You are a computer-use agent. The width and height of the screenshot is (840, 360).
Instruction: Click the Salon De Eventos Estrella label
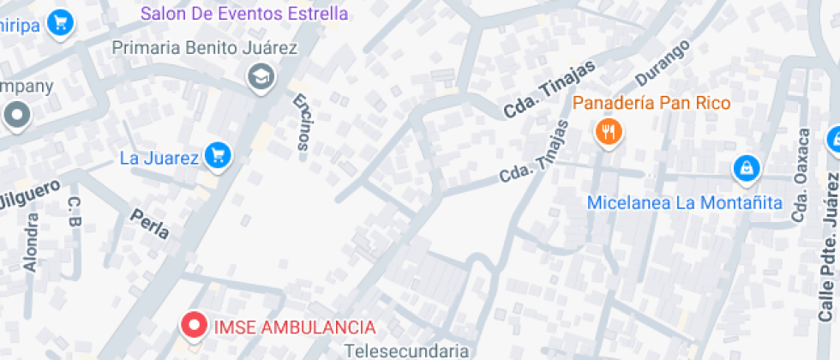pos(244,14)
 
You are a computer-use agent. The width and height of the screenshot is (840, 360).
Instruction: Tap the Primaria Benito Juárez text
pos(205,48)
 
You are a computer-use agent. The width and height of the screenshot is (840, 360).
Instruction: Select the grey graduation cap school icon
pos(258,78)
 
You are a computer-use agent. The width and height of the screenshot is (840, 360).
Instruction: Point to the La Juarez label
pos(159,158)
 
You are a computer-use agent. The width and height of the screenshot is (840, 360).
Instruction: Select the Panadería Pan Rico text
pos(651,104)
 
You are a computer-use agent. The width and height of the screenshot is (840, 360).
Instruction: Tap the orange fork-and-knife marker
pos(609,131)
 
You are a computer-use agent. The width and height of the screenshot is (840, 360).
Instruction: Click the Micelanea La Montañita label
pos(684,203)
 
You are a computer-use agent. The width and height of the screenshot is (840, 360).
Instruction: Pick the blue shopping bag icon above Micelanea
pos(747,169)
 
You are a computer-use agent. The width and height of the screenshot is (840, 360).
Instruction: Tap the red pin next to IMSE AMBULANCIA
pos(195,325)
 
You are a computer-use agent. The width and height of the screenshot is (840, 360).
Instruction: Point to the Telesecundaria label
pos(406,351)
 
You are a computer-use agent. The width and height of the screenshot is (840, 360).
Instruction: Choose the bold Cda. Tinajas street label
pos(537,96)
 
